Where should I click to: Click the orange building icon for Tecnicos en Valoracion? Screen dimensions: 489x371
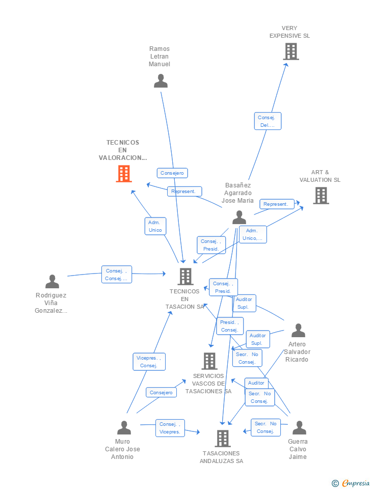(x=123, y=174)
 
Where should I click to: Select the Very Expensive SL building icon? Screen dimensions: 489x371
(x=290, y=51)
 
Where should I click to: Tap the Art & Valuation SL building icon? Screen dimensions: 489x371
(x=321, y=196)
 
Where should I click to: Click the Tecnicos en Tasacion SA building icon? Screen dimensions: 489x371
(x=185, y=277)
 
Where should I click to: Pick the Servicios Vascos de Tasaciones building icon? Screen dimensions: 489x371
(x=209, y=361)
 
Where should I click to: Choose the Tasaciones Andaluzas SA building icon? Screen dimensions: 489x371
(x=222, y=438)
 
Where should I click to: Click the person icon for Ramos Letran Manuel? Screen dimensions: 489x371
(x=161, y=81)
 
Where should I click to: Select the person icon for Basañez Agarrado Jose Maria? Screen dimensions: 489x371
(x=239, y=218)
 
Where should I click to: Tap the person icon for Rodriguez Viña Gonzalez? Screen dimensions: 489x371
(x=52, y=282)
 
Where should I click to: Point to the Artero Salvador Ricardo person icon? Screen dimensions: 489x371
(x=298, y=331)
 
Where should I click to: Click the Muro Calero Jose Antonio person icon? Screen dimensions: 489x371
(x=124, y=428)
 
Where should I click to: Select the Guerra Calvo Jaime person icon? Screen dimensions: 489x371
(x=299, y=428)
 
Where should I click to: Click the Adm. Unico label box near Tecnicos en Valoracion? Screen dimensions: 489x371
(x=155, y=226)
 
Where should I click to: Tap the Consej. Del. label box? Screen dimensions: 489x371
(x=267, y=121)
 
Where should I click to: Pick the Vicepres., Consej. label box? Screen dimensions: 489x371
(x=149, y=362)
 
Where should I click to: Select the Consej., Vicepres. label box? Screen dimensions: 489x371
(x=170, y=428)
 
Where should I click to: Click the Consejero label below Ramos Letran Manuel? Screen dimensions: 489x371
(x=172, y=173)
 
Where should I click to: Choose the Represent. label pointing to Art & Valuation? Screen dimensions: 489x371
(x=276, y=204)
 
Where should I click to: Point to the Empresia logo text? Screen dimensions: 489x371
(x=355, y=483)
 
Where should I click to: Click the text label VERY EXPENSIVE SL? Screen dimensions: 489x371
(x=289, y=32)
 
